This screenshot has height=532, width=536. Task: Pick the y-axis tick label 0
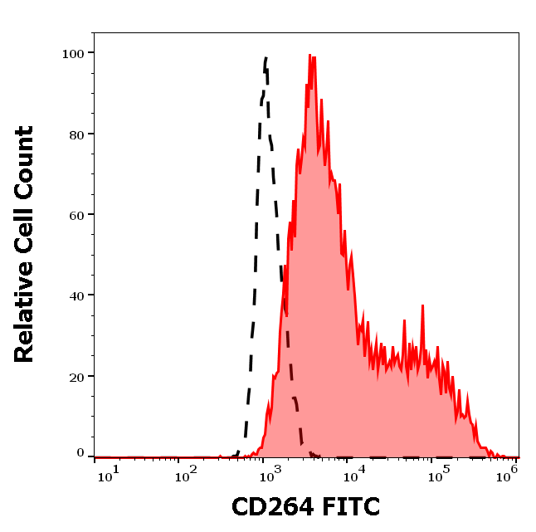point(80,453)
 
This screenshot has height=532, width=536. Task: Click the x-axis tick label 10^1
point(109,473)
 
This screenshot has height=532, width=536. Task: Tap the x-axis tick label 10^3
point(270,473)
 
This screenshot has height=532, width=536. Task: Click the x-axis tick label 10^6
point(508,473)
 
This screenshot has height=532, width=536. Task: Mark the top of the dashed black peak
point(266,57)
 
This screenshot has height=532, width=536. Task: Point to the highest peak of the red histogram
point(309,56)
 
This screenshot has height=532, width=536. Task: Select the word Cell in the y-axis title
point(24,232)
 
